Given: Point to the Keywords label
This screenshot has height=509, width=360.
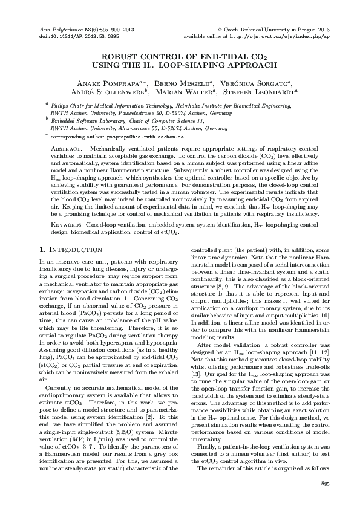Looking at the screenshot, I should [x=67, y=224].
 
